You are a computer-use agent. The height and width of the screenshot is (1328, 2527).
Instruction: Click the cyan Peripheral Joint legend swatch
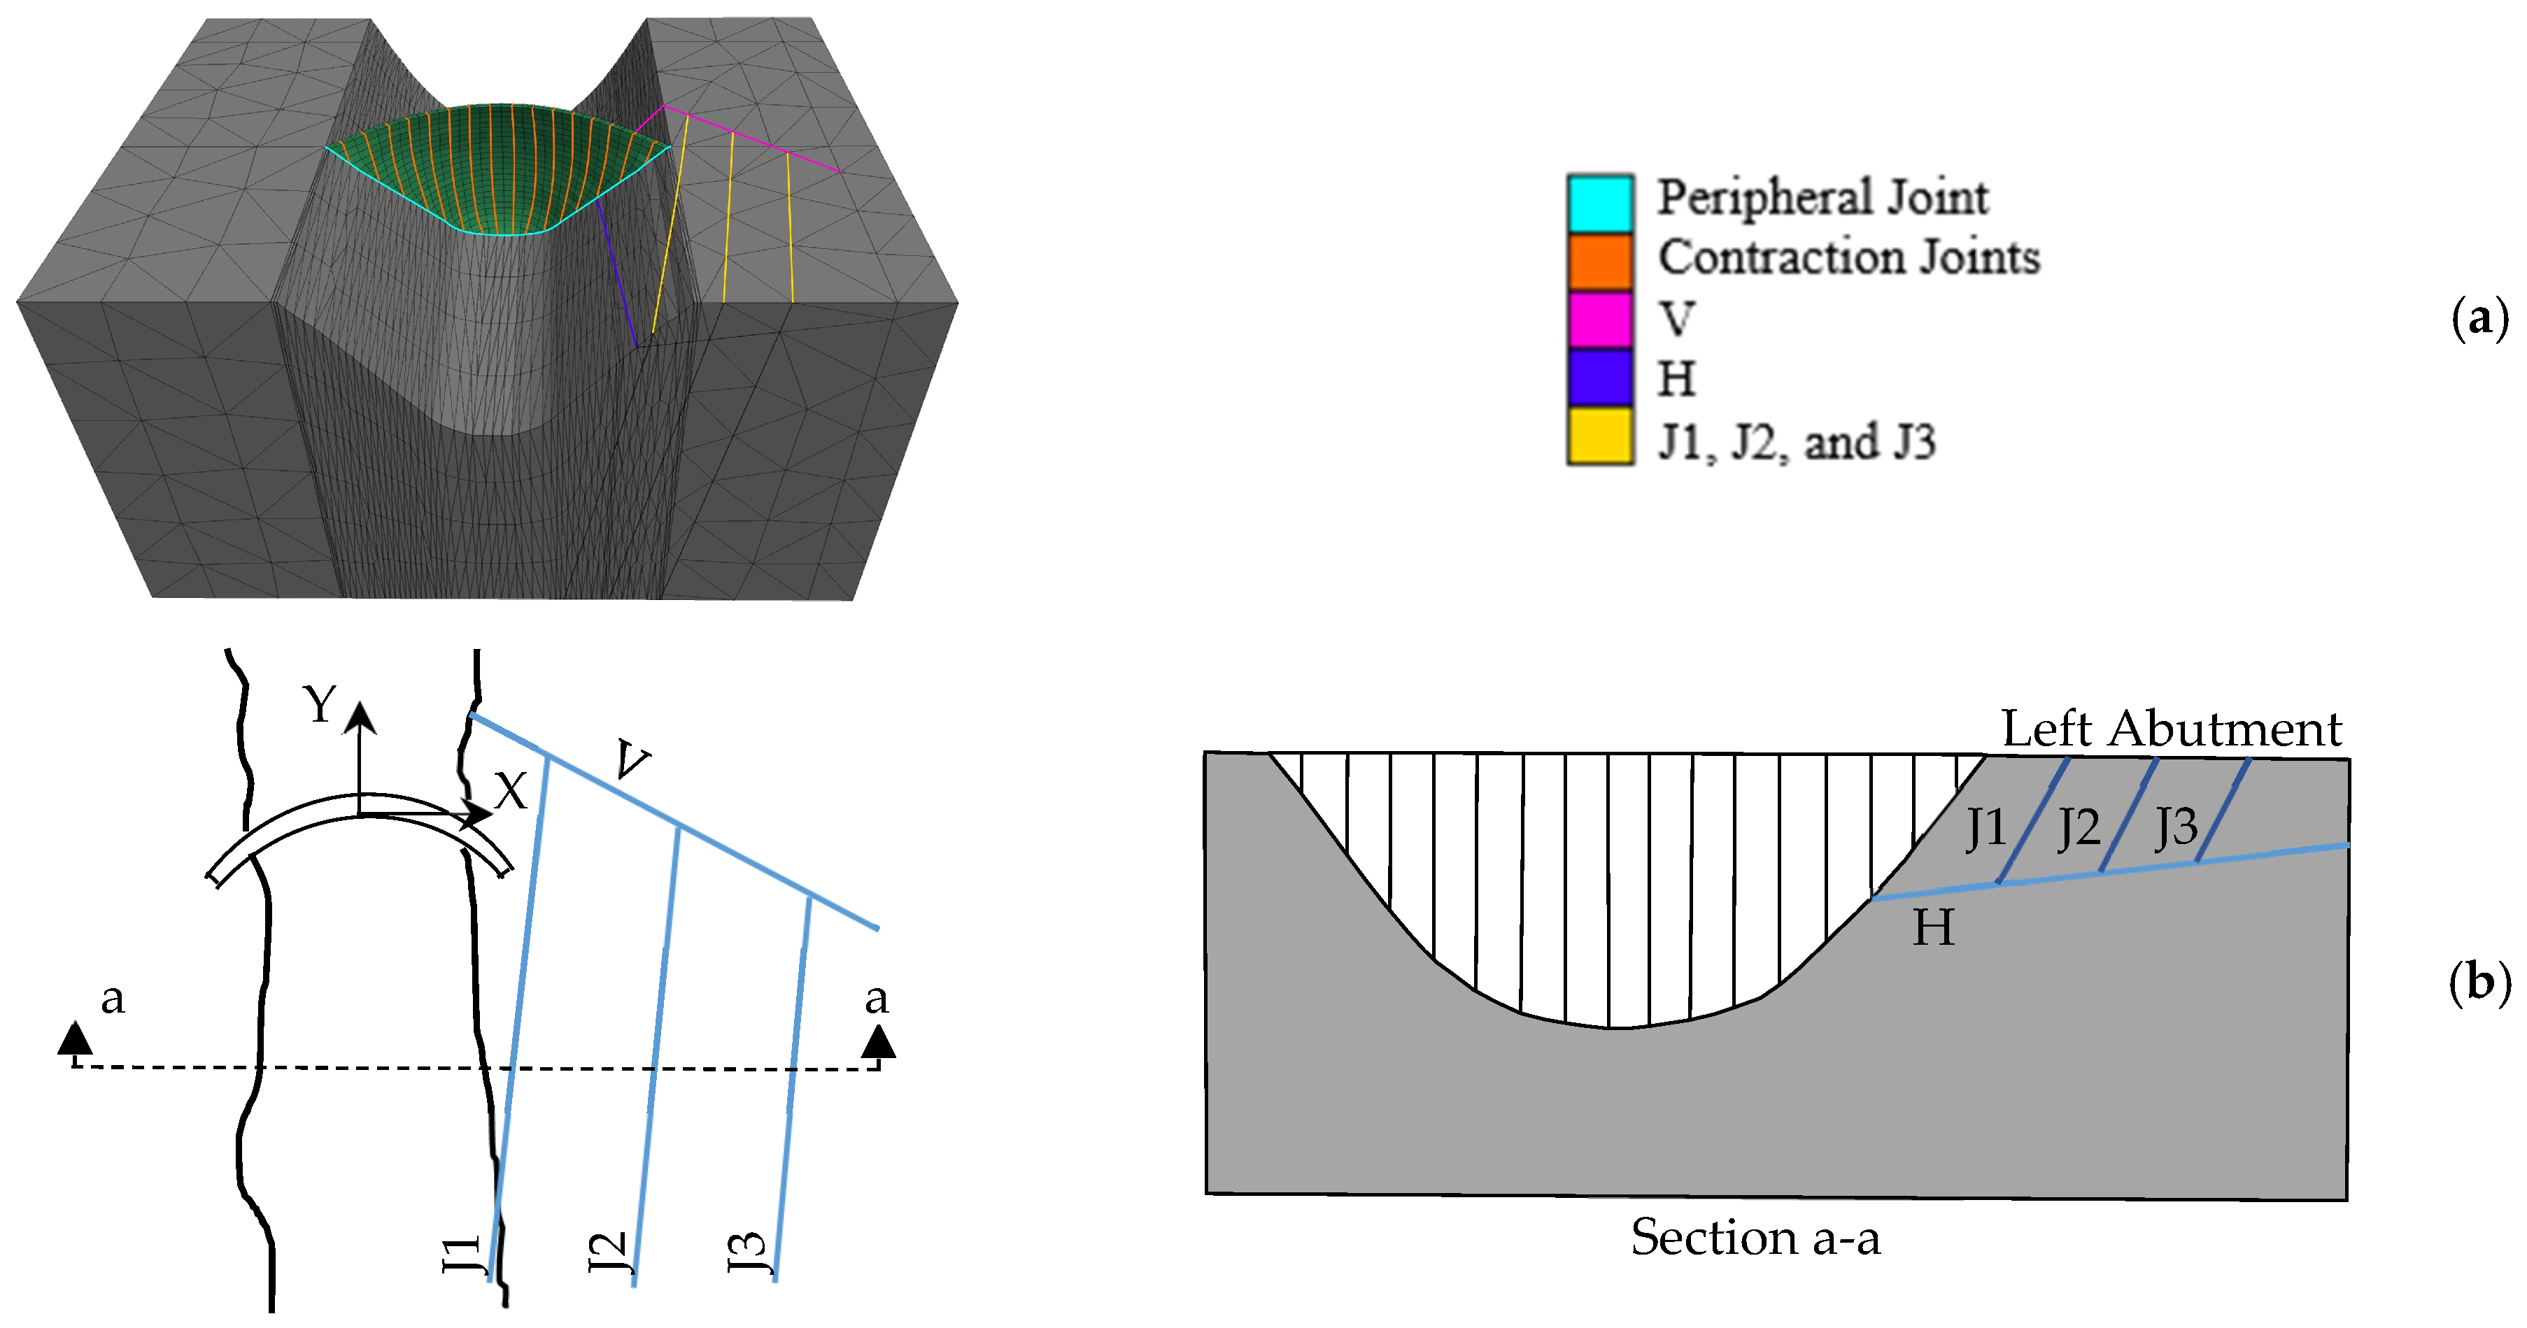(1599, 203)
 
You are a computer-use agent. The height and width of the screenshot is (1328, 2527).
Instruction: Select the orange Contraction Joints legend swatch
(1599, 261)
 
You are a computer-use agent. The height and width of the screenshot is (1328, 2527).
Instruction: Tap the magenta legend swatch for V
(1599, 319)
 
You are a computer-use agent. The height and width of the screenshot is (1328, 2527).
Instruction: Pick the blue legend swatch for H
(1599, 378)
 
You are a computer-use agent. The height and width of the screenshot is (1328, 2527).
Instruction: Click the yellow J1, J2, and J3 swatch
(1599, 436)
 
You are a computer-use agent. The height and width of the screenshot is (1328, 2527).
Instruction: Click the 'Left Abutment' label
(2171, 729)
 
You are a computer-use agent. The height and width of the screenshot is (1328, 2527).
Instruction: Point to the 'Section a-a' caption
(1755, 1238)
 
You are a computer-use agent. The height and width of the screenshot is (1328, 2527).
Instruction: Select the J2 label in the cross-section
(2079, 828)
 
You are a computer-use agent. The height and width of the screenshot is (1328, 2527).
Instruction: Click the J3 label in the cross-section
(2176, 828)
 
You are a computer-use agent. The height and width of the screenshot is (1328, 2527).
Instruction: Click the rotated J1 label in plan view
(461, 1255)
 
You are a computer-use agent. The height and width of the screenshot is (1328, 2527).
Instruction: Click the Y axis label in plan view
(320, 705)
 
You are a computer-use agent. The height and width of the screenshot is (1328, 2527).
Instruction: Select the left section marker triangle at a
(76, 1038)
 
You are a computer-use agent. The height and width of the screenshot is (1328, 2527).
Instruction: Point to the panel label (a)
(2479, 319)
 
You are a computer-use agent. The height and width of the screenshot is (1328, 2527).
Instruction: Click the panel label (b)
(2479, 982)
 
